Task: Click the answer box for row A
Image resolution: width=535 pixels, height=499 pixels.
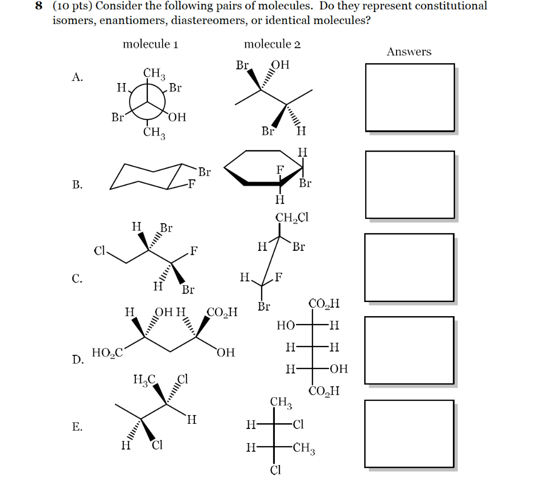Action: (x=410, y=97)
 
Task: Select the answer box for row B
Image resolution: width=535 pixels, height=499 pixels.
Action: (x=410, y=184)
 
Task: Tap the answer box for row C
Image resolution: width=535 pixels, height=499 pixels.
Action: (x=410, y=267)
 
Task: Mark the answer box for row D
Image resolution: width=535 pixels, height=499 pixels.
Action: (x=410, y=350)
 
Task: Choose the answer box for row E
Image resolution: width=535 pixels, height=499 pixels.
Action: (x=410, y=434)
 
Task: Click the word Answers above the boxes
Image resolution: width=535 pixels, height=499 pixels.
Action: (x=409, y=52)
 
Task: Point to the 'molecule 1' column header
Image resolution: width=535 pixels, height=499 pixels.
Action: (x=151, y=44)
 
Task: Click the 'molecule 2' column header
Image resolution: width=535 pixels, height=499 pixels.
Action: (x=272, y=44)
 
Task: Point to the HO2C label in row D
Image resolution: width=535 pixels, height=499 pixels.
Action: (x=107, y=353)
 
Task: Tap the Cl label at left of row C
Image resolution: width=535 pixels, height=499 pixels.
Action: (x=99, y=251)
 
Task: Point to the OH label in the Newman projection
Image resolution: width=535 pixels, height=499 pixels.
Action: (x=177, y=117)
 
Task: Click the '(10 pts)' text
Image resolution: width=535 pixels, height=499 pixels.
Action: (x=72, y=7)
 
